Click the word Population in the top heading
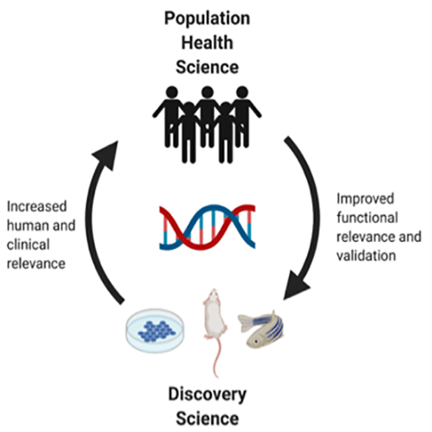pyautogui.click(x=207, y=18)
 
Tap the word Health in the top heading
pyautogui.click(x=207, y=42)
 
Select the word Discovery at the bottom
pyautogui.click(x=207, y=395)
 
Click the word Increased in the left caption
pyautogui.click(x=36, y=206)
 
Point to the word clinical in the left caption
pyautogui.click(x=29, y=245)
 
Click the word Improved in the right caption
pyautogui.click(x=365, y=199)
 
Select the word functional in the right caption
pyautogui.click(x=367, y=218)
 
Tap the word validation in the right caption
pyautogui.click(x=366, y=256)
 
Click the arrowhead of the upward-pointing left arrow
pyautogui.click(x=106, y=156)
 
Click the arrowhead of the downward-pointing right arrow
pyautogui.click(x=295, y=285)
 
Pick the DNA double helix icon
pyautogui.click(x=207, y=227)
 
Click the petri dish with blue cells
pyautogui.click(x=156, y=331)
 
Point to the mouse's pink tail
pyautogui.click(x=216, y=357)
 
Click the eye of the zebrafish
pyautogui.click(x=256, y=341)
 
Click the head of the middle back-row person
pyautogui.click(x=207, y=92)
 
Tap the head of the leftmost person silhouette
pyautogui.click(x=172, y=92)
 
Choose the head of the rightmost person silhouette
pyautogui.click(x=242, y=92)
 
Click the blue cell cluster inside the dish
pyautogui.click(x=156, y=332)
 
